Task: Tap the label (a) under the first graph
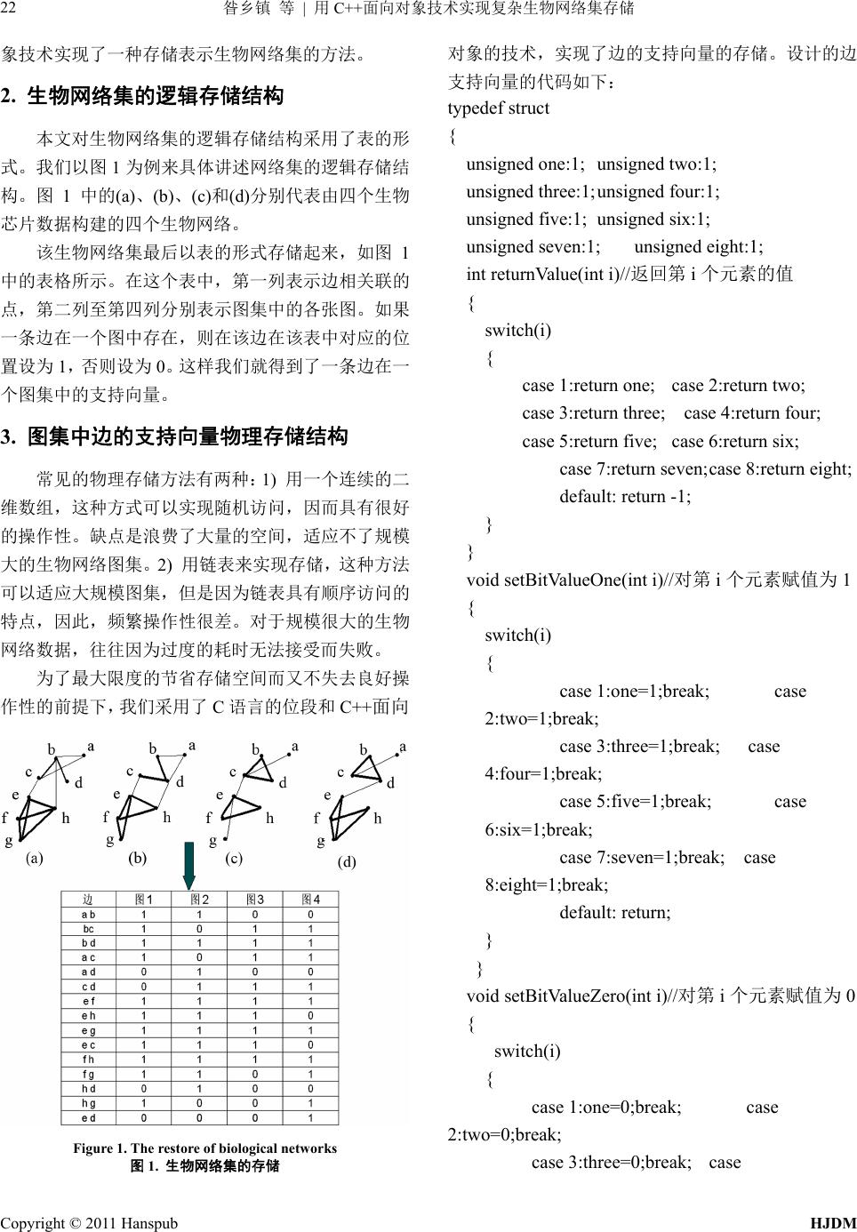[35, 858]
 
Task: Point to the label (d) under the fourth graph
[347, 861]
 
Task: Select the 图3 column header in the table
[256, 900]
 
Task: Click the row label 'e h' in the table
[89, 1015]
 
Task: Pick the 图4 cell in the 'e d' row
[310, 1117]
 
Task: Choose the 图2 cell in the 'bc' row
[199, 929]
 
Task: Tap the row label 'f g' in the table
[89, 1074]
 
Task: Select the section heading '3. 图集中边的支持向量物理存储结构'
[174, 436]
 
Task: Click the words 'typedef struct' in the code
[499, 108]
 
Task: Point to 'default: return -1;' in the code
[625, 496]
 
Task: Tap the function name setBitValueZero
[565, 995]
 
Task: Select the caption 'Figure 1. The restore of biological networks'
[204, 1148]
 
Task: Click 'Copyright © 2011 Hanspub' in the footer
[89, 1222]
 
